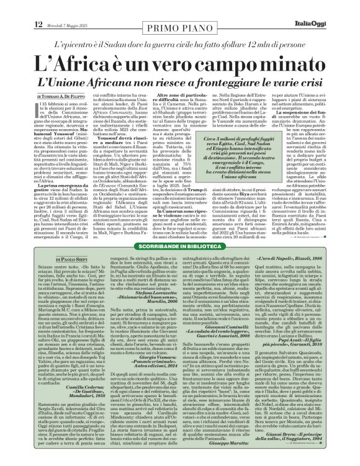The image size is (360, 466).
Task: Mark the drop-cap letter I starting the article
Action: point(38,108)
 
